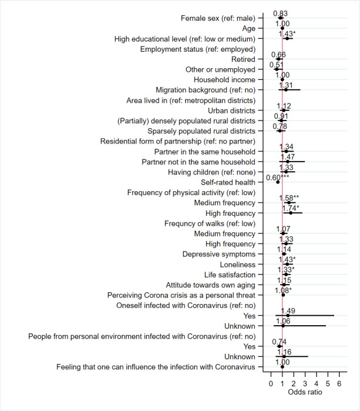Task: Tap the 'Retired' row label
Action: tap(243, 59)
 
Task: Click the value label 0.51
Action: tap(277, 65)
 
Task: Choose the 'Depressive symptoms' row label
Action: tap(219, 254)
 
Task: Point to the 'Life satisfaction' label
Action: tap(229, 275)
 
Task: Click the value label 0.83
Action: tap(280, 14)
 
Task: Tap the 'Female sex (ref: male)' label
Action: tap(218, 18)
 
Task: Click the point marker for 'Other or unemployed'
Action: tap(277, 69)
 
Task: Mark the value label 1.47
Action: tap(287, 157)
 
